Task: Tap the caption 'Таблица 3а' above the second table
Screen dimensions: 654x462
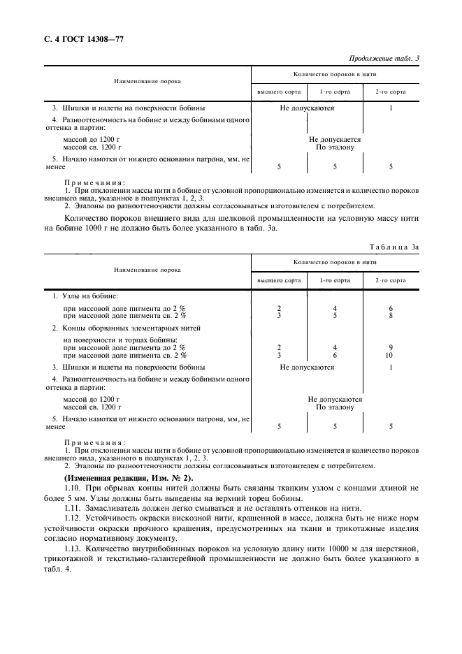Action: (x=394, y=247)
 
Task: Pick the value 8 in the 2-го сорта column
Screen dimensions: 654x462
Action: (x=390, y=315)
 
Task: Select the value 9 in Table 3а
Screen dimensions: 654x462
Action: (x=390, y=347)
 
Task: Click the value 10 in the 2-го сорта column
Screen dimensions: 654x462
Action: (x=390, y=355)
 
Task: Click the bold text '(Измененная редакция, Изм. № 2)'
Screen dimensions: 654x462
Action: (x=119, y=476)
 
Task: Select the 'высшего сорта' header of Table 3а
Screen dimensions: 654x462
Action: (x=279, y=280)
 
